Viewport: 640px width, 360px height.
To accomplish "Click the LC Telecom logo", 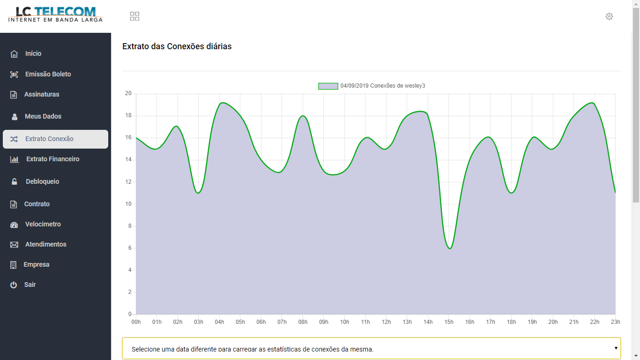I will (x=55, y=14).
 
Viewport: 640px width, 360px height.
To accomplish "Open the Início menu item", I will (x=33, y=54).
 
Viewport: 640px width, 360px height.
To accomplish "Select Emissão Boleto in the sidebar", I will (x=48, y=74).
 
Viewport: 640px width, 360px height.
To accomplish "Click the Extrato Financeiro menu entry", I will (x=52, y=159).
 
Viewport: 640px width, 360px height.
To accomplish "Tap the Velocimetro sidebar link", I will (x=43, y=225).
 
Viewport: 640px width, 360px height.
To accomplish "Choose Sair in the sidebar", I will (x=30, y=285).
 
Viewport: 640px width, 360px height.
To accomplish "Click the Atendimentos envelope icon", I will (x=14, y=245).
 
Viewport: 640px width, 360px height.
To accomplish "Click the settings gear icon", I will (x=609, y=16).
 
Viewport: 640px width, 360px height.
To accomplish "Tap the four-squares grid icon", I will (x=135, y=16).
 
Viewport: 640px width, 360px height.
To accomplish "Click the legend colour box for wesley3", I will (x=328, y=86).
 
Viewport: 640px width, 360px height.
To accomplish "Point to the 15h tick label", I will (x=449, y=322).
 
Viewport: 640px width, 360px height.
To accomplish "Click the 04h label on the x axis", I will (x=219, y=322).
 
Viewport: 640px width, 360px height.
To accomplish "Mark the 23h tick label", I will (x=615, y=322).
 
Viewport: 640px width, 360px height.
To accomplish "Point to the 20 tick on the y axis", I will (x=128, y=94).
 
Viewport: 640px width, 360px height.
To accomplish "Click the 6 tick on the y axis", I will (x=130, y=248).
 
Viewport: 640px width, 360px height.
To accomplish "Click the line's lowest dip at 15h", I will (x=450, y=248).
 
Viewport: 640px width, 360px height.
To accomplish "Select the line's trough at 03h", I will (x=199, y=193).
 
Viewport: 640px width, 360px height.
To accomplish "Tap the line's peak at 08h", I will (x=303, y=116).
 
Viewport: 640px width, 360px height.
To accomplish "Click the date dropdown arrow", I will (x=616, y=348).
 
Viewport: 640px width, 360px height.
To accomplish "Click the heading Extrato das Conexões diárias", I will (x=177, y=46).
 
